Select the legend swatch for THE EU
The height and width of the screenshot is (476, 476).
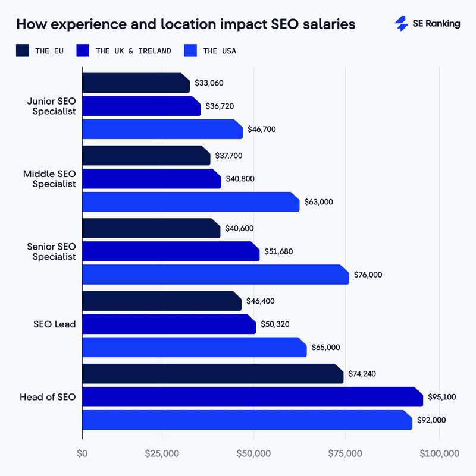pos(23,51)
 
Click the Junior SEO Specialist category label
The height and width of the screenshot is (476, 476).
pos(51,106)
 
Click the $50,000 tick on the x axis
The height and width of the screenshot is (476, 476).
pos(253,453)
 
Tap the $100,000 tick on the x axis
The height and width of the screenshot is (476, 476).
pos(439,453)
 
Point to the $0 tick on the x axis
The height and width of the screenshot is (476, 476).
pos(82,453)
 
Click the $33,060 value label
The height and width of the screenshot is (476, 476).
pos(209,83)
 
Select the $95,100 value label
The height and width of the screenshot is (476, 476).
pos(441,396)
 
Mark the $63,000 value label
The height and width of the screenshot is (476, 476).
pos(318,202)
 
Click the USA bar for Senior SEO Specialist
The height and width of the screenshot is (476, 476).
pos(214,275)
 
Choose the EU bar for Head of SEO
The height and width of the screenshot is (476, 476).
pos(211,374)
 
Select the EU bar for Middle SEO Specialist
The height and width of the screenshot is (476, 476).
pos(145,156)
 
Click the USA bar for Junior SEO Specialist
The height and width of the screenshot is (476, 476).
pos(161,129)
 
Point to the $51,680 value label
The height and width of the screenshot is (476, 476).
pos(278,251)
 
